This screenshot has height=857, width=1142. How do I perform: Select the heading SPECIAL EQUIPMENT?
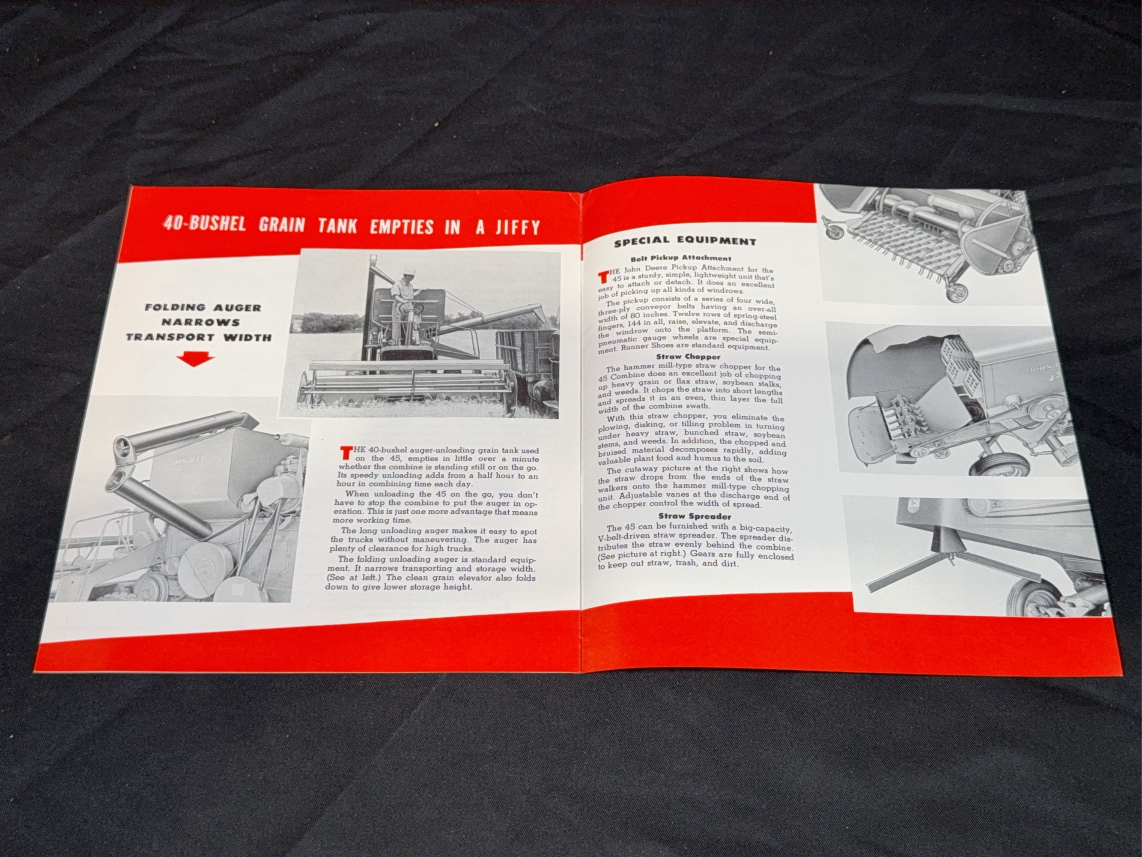[x=685, y=241]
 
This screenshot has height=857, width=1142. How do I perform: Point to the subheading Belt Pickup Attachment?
[x=680, y=258]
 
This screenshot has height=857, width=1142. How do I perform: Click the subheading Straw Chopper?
[x=688, y=357]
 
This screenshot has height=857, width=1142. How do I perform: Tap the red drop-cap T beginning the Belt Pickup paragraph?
[x=603, y=276]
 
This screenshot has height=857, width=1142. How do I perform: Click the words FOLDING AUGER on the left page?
[x=203, y=307]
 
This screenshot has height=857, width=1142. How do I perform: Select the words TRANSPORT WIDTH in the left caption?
[x=199, y=337]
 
